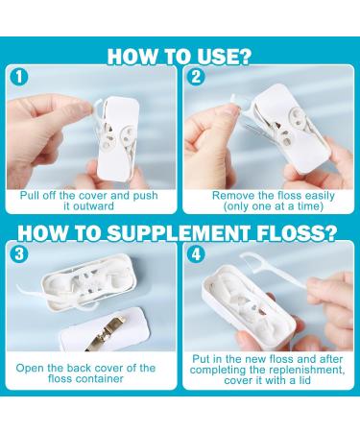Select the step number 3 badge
(x=19, y=253)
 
